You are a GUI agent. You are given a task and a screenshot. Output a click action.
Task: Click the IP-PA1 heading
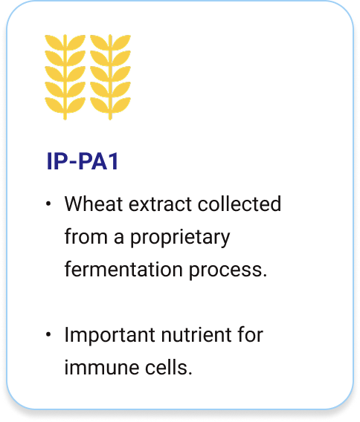pos(83,161)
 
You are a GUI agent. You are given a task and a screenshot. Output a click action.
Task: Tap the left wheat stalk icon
pos(65,77)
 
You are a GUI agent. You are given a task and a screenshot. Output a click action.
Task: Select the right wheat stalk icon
pos(110,77)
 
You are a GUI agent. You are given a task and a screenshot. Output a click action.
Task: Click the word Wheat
pos(94,204)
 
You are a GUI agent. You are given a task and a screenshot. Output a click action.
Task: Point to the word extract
pos(161,204)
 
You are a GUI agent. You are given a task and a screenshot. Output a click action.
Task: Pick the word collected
pos(240,204)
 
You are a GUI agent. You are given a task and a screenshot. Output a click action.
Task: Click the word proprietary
pos(180,238)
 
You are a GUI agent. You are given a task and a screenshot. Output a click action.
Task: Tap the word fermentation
pos(123,269)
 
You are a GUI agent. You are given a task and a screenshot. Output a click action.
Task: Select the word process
pos(228,270)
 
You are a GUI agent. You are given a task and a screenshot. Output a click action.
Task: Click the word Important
pos(110,336)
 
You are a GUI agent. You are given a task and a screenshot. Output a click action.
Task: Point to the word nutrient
pos(196,335)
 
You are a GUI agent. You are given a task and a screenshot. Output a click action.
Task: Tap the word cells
pos(169,367)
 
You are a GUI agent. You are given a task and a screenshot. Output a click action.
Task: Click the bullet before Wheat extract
pos(48,204)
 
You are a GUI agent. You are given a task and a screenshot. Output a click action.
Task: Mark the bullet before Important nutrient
pos(48,334)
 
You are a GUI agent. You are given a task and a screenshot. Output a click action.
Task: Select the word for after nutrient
pos(251,334)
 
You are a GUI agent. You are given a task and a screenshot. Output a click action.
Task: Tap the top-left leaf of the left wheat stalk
pos(54,42)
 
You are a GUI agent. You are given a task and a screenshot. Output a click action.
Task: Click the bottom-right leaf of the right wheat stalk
pos(121,105)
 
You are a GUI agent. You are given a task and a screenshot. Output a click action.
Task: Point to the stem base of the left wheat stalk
pos(65,118)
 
